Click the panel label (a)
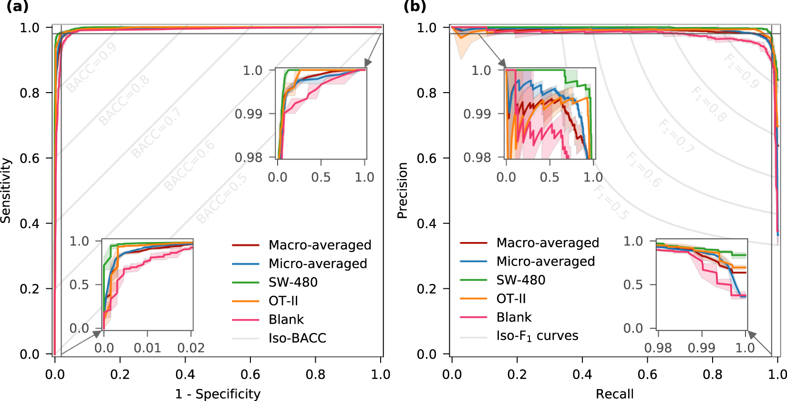click(x=17, y=6)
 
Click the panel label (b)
click(x=414, y=6)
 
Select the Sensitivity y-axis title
click(x=6, y=190)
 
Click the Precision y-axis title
click(x=403, y=190)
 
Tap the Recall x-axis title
click(x=614, y=394)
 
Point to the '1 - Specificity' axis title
click(x=217, y=394)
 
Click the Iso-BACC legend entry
click(x=297, y=338)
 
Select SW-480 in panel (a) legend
click(x=292, y=282)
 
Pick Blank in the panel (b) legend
click(x=514, y=317)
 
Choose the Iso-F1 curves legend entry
click(x=537, y=336)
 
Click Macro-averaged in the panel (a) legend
click(x=320, y=245)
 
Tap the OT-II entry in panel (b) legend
click(x=511, y=298)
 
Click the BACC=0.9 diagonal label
click(x=92, y=67)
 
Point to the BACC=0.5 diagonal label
click(x=222, y=199)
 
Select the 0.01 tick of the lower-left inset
click(x=147, y=348)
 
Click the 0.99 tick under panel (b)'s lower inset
click(x=701, y=348)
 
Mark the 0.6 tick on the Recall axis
click(x=647, y=374)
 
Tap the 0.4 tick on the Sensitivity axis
click(x=30, y=223)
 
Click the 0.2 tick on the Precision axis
click(x=426, y=289)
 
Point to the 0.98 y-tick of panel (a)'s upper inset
click(x=248, y=157)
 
